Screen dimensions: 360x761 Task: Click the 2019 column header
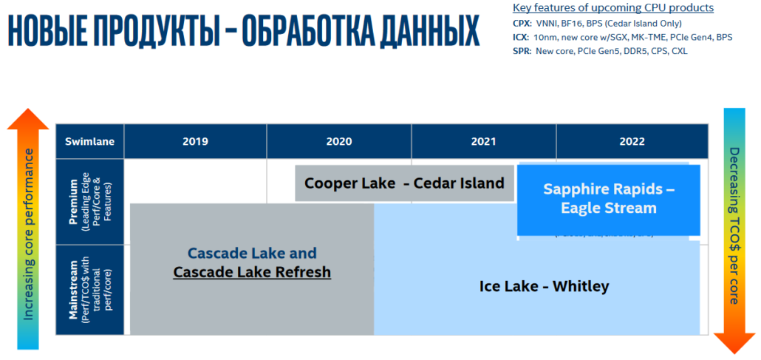pos(195,142)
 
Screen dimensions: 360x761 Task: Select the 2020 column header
pos(338,142)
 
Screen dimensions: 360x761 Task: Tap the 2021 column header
pos(483,142)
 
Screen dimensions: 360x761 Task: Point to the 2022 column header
pos(632,142)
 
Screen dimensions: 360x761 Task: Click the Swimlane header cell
pos(89,142)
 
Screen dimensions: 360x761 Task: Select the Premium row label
pos(89,201)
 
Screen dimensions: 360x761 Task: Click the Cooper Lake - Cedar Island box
pos(404,183)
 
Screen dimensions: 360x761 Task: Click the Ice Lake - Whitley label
pos(544,286)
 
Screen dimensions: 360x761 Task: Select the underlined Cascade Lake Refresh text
pos(252,272)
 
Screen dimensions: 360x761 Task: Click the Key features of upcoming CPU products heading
pos(612,8)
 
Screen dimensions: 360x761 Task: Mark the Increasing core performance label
pos(28,234)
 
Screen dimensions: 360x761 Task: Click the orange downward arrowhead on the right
pos(734,342)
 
